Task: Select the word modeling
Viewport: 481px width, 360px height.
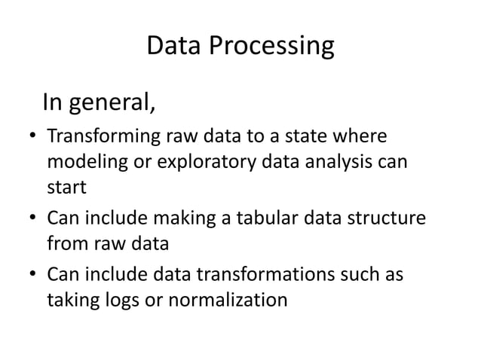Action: (x=82, y=163)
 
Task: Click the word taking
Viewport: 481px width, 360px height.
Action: (x=71, y=300)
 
